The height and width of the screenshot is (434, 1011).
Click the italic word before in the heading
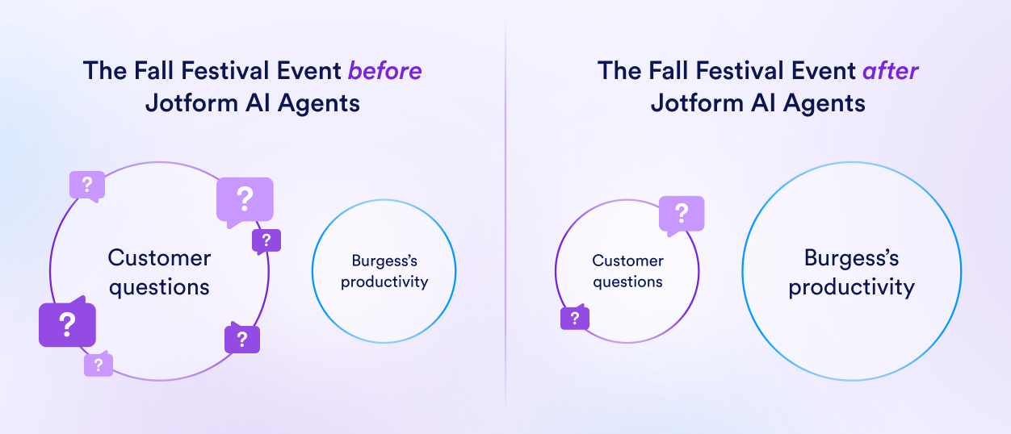tap(384, 71)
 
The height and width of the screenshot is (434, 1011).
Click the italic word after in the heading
tap(890, 71)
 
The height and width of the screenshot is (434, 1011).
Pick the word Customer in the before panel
tap(159, 258)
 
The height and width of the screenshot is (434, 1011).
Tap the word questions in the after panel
tap(627, 282)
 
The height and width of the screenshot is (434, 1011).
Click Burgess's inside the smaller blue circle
tap(384, 261)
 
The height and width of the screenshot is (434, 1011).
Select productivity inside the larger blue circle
tap(851, 287)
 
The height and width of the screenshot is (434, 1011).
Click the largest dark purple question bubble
tap(67, 324)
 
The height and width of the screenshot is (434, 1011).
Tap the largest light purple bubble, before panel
tap(245, 198)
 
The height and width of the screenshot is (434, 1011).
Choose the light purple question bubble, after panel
tap(682, 215)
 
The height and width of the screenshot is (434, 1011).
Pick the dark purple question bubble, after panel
tap(574, 319)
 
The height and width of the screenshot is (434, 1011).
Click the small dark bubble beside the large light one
tap(266, 240)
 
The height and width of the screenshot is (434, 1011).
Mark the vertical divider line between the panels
tap(505, 218)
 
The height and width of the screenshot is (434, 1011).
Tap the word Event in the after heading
tap(818, 71)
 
